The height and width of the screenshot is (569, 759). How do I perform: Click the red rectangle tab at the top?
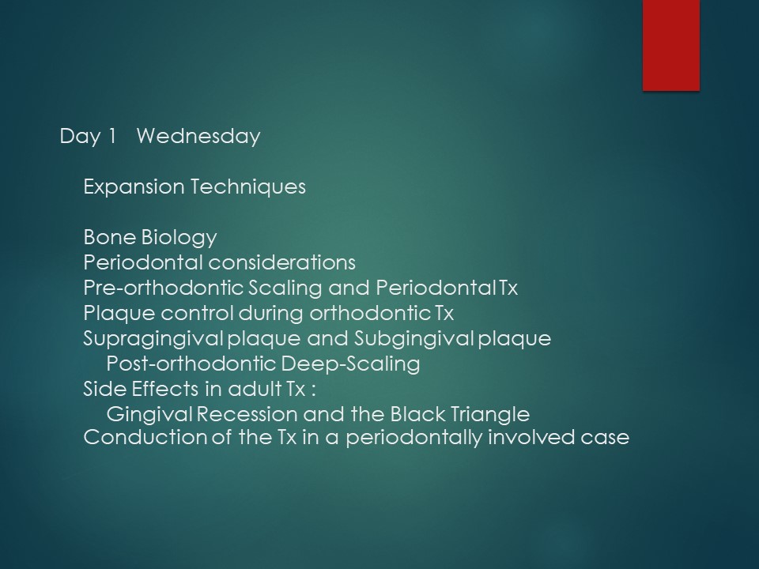pos(671,45)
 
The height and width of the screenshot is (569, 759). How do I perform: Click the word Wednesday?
pos(198,136)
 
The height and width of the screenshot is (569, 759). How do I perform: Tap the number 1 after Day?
pos(112,136)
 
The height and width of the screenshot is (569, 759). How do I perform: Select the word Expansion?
pos(134,187)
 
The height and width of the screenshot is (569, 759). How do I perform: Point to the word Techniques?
pos(248,187)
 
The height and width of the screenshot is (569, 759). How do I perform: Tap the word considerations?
pos(282,262)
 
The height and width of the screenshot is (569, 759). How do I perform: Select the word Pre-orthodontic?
pos(163,288)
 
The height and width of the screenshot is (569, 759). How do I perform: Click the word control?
pos(197,313)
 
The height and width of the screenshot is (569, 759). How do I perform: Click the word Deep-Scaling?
pos(350,364)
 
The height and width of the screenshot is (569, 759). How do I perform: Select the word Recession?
pos(247,414)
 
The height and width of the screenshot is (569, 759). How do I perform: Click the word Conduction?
pos(145,437)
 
